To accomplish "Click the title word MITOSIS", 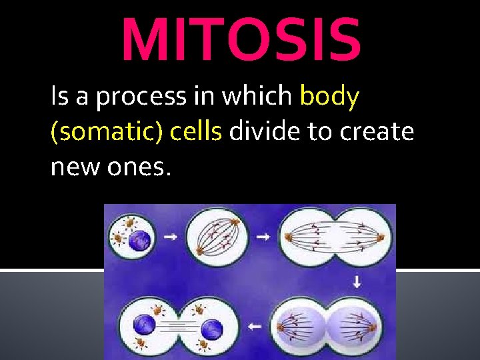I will [241, 39].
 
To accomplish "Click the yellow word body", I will [329, 97].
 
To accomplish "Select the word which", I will [257, 97].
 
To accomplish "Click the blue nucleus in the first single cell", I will [141, 239].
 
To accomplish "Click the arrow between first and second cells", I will [171, 237].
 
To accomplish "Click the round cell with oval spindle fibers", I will [217, 238].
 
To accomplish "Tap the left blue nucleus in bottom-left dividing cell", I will [145, 327].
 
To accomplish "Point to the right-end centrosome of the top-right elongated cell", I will [381, 237].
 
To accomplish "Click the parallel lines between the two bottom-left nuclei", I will [178, 327].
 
